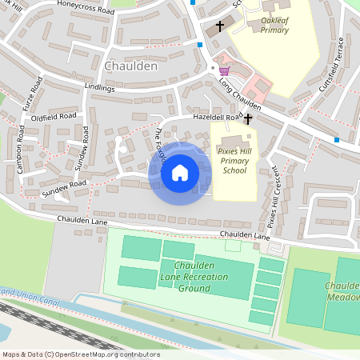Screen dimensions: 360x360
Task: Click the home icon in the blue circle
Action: pyautogui.click(x=180, y=173)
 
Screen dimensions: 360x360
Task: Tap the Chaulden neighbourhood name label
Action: pyautogui.click(x=130, y=66)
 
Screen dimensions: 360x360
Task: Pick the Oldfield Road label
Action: pyautogui.click(x=54, y=117)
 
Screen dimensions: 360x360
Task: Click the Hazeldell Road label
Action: pyautogui.click(x=216, y=118)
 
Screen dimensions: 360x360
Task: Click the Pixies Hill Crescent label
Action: pyautogui.click(x=274, y=194)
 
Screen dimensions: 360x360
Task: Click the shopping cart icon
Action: pyautogui.click(x=223, y=70)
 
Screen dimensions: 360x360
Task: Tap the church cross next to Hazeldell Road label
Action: pyautogui.click(x=248, y=119)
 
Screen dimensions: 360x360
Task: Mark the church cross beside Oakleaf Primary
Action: pyautogui.click(x=219, y=26)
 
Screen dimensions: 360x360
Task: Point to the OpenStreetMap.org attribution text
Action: pyautogui.click(x=80, y=354)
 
